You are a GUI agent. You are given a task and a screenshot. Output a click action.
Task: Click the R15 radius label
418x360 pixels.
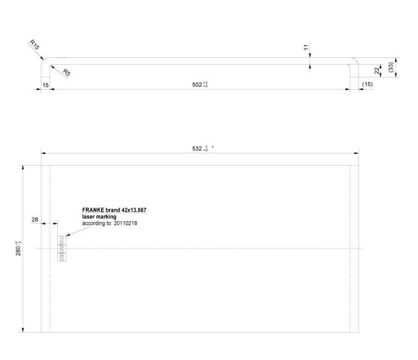(34, 44)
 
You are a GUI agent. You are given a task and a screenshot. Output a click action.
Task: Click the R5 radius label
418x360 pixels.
(66, 72)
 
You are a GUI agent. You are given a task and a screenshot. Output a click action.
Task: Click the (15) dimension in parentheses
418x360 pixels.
(367, 84)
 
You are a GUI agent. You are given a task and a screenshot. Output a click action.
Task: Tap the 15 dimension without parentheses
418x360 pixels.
(46, 85)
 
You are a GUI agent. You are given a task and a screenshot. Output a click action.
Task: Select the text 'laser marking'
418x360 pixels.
(99, 216)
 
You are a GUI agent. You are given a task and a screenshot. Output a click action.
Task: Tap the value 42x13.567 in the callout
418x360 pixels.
(133, 210)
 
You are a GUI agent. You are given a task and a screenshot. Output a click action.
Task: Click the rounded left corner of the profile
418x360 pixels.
(44, 62)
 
